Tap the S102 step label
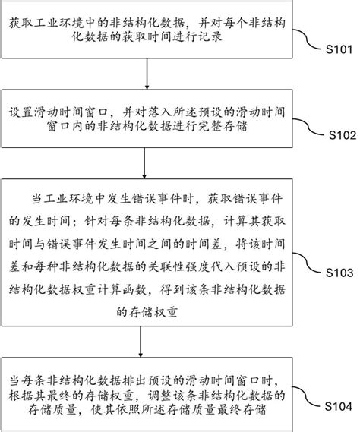point(336,137)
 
